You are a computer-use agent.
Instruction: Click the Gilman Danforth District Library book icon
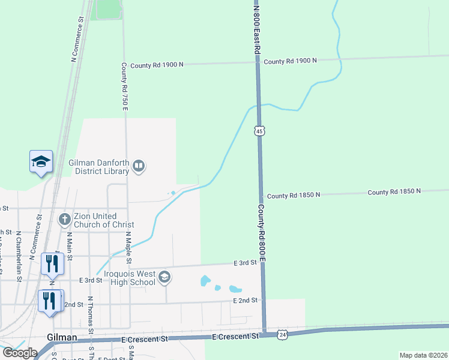[139, 165]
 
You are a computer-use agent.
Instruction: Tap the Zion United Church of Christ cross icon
[65, 220]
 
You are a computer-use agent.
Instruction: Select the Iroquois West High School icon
[164, 277]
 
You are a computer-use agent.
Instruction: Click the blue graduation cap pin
[41, 161]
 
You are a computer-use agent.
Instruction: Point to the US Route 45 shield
[259, 131]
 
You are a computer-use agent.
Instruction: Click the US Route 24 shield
[282, 335]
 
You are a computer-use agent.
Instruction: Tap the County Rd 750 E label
[124, 86]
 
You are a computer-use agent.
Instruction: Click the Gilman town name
[62, 338]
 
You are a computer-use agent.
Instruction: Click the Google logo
[19, 352]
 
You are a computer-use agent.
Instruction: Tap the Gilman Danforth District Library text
[99, 166]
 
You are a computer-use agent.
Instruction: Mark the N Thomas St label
[91, 314]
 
